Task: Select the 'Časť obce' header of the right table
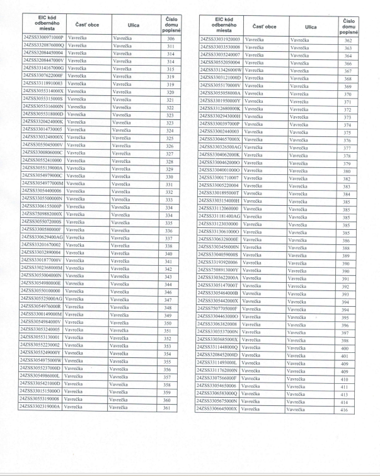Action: (x=264, y=26)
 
